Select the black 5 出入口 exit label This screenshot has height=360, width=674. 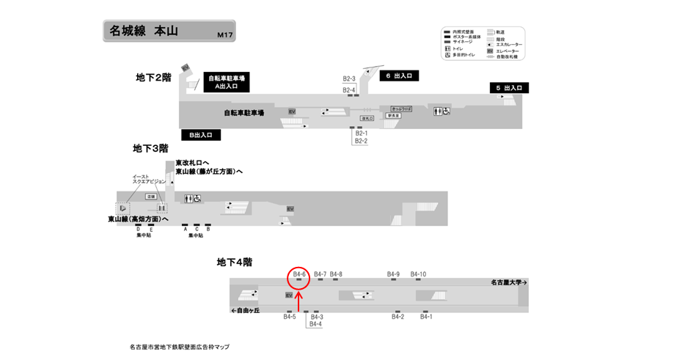[510, 88]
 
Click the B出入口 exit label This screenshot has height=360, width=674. [201, 135]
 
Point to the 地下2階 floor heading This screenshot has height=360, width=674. [153, 77]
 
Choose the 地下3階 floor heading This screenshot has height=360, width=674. [150, 148]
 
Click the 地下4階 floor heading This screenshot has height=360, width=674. [234, 262]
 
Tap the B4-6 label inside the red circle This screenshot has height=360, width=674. [299, 274]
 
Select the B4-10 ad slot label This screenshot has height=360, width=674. [418, 274]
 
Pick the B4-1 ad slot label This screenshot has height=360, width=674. [426, 317]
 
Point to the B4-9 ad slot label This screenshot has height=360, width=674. [394, 274]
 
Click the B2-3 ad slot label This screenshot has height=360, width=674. [349, 78]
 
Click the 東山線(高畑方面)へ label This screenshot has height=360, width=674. [138, 218]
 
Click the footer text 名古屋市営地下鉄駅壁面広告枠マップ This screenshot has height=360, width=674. [179, 347]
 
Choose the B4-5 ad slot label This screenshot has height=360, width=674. [290, 317]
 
